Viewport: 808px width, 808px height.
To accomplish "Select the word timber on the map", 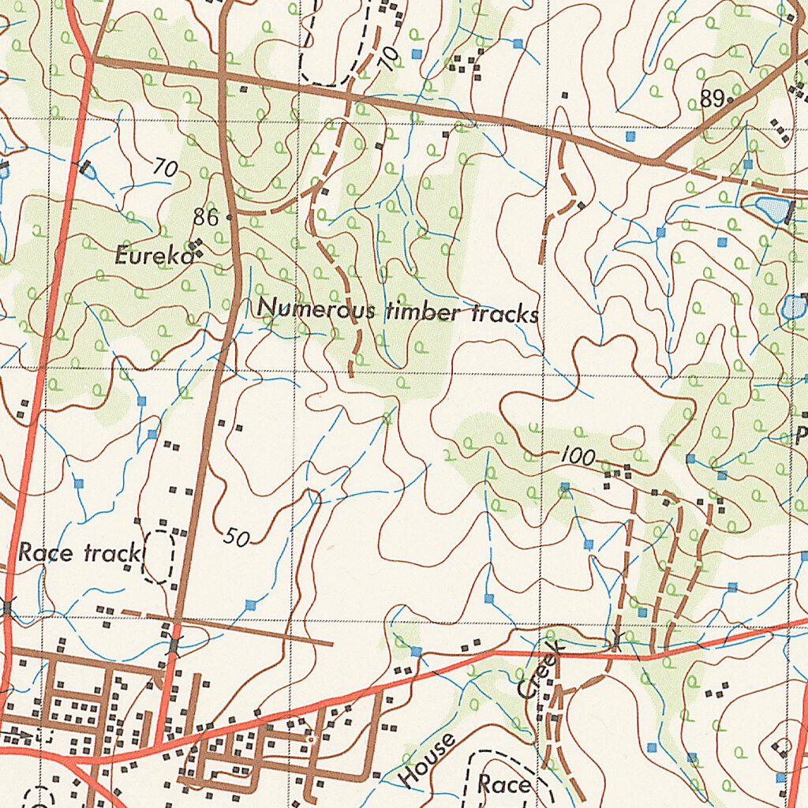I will tap(424, 312).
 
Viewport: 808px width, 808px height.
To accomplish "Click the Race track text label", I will tap(78, 552).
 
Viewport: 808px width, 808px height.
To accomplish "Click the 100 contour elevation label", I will tap(578, 457).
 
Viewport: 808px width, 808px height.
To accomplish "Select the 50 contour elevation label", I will tap(236, 538).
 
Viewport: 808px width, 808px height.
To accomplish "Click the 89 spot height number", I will tap(712, 99).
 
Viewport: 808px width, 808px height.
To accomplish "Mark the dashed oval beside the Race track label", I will tap(159, 556).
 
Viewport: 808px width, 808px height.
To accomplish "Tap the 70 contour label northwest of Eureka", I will tap(165, 167).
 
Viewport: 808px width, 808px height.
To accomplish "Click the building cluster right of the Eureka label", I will tap(196, 248).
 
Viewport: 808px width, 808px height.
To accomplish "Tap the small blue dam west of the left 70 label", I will tap(86, 170).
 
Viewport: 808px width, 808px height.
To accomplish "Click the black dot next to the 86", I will tap(229, 216).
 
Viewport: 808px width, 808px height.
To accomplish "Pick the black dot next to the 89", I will tap(731, 101).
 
